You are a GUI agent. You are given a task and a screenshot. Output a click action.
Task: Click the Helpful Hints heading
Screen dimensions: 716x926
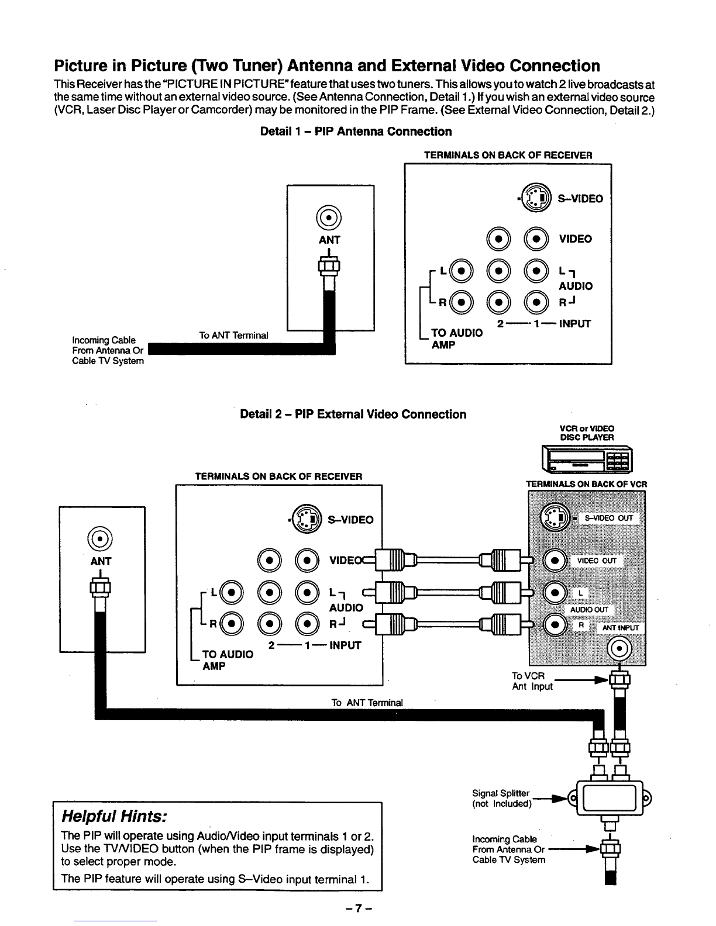(114, 816)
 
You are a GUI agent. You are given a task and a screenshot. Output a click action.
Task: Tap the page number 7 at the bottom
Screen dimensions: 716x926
(359, 908)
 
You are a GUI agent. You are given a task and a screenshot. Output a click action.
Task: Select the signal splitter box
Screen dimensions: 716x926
(610, 798)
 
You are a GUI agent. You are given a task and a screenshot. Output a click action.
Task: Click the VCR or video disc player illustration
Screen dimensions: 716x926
(587, 459)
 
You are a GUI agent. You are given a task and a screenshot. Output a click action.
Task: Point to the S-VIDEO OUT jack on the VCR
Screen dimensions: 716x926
(555, 517)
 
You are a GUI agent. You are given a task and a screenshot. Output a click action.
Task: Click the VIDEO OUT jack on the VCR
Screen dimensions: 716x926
(555, 560)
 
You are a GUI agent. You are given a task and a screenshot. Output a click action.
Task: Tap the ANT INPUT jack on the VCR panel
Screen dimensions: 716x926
(619, 649)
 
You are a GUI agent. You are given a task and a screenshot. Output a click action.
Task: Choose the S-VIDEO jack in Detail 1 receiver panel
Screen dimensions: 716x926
(536, 198)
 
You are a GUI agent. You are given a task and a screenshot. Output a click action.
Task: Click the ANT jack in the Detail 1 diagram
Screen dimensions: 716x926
(328, 217)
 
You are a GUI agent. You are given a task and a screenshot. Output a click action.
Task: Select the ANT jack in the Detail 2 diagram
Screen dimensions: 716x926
(100, 538)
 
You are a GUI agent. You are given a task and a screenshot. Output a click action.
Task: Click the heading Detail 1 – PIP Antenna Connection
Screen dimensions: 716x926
(356, 132)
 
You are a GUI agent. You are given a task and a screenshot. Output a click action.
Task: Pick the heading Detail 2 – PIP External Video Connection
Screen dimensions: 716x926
(353, 414)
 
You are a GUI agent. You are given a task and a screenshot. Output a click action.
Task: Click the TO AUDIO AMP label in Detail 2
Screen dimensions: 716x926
(228, 660)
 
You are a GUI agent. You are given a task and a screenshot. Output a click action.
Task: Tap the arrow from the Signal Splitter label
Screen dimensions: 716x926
(550, 798)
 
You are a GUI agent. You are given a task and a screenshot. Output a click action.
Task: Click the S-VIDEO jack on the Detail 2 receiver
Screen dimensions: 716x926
(307, 519)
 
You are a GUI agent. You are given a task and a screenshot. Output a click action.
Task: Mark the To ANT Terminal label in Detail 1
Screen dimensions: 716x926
(233, 336)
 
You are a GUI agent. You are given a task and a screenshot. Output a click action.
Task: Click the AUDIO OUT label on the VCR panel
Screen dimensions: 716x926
(589, 610)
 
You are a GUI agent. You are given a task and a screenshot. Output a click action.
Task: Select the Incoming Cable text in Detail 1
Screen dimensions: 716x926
(104, 340)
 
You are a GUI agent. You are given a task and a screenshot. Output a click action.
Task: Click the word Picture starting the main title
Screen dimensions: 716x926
(81, 65)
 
